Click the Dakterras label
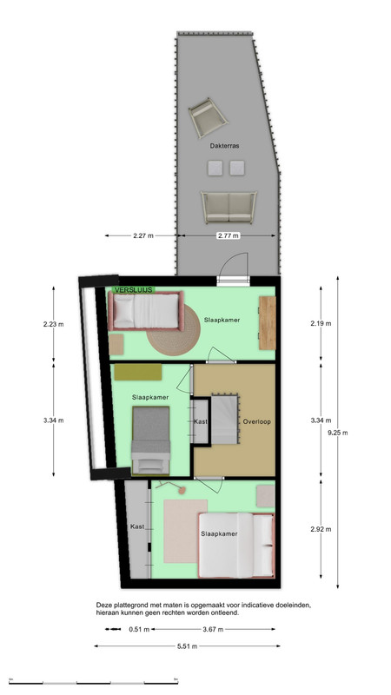pyautogui.click(x=224, y=145)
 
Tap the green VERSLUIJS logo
pyautogui.click(x=133, y=290)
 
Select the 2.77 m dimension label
pyautogui.click(x=229, y=235)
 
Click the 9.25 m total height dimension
pyautogui.click(x=338, y=433)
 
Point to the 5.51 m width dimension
pyautogui.click(x=187, y=646)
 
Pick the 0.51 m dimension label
pyautogui.click(x=139, y=629)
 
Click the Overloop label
pyautogui.click(x=256, y=421)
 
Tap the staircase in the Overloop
pyautogui.click(x=225, y=419)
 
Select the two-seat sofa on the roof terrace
pyautogui.click(x=229, y=207)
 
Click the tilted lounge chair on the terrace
pyautogui.click(x=208, y=118)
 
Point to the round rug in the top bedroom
pyautogui.click(x=174, y=330)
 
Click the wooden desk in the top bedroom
pyautogui.click(x=268, y=322)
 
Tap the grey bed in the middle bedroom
pyautogui.click(x=150, y=440)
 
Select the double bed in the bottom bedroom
pyautogui.click(x=236, y=546)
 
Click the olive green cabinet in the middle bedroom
pyautogui.click(x=138, y=372)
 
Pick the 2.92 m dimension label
pyautogui.click(x=321, y=529)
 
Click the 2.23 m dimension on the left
pyautogui.click(x=53, y=324)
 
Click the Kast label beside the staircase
pyautogui.click(x=201, y=421)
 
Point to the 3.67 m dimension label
pyautogui.click(x=213, y=629)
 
